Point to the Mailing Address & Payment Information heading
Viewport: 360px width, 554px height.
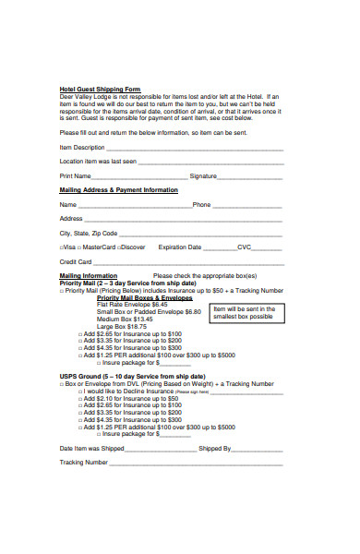(119, 189)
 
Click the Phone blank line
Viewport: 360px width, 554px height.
(247, 205)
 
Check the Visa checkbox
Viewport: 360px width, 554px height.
(62, 248)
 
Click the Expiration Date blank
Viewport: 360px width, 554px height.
(220, 248)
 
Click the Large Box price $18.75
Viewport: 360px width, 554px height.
(135, 326)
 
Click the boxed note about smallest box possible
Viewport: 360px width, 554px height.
(245, 313)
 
